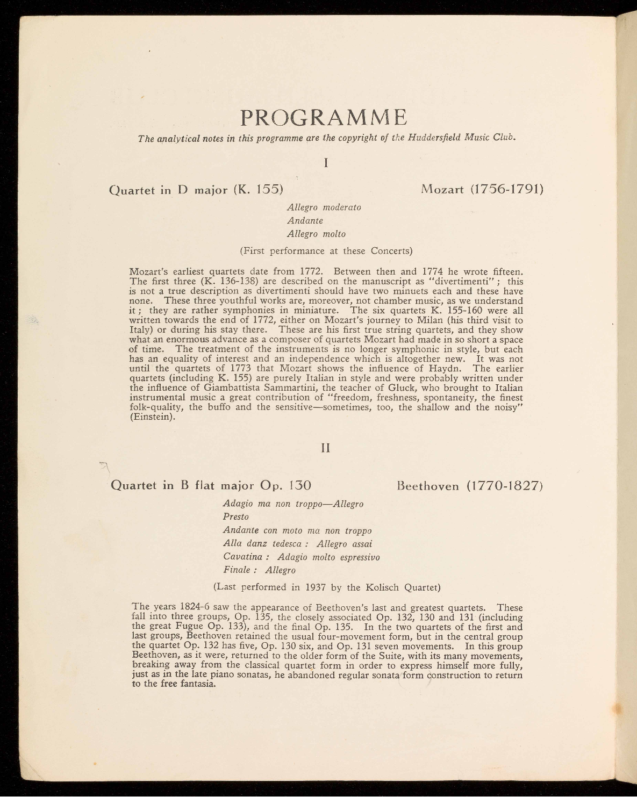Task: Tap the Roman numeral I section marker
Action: (326, 162)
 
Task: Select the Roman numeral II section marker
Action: (325, 448)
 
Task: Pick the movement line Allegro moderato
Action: (324, 207)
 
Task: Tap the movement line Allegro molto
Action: (316, 234)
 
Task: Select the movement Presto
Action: (236, 517)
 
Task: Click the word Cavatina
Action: (242, 557)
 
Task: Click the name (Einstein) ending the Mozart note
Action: (153, 417)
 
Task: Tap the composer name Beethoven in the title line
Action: (428, 486)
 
